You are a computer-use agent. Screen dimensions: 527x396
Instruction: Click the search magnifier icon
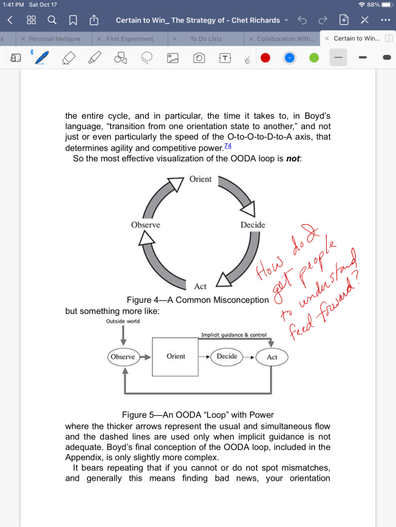52,20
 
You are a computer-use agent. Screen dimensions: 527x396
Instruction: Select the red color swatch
265,58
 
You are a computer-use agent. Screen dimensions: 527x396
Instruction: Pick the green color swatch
314,58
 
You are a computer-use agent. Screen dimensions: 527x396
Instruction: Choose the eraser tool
69,58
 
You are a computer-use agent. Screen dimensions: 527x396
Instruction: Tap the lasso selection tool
147,58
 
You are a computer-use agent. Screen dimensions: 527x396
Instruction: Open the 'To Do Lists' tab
206,39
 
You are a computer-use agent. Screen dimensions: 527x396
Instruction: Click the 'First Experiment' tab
130,39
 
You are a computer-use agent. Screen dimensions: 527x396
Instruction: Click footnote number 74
228,146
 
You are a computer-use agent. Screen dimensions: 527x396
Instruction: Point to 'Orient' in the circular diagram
200,179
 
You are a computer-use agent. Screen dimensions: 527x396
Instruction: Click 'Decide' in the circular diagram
252,225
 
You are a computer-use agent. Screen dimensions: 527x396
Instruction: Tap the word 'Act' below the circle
200,286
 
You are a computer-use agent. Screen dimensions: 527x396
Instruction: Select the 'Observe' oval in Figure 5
123,357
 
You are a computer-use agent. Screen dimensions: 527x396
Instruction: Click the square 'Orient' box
176,356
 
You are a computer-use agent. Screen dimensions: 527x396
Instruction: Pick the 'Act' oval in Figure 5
272,357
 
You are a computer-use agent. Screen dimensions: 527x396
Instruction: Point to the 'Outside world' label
123,321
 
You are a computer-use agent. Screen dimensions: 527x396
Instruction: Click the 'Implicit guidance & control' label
234,335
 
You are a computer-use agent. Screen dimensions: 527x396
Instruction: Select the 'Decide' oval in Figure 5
227,356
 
